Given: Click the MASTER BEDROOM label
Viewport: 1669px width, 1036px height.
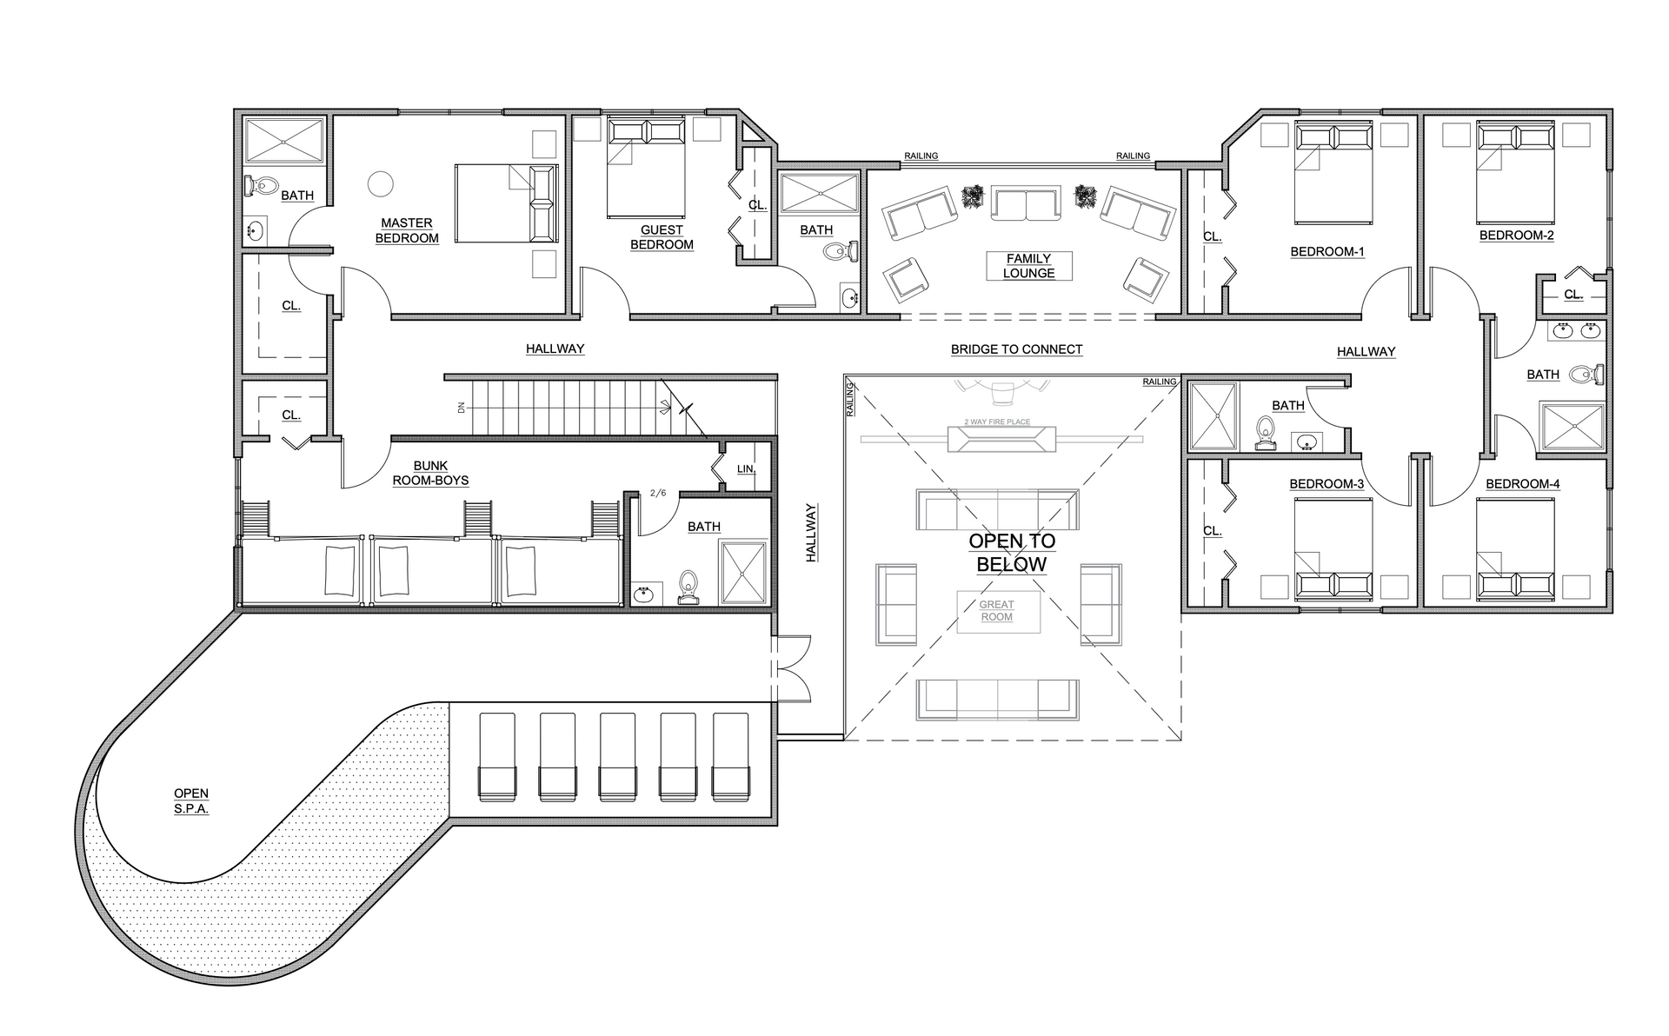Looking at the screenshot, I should click(x=407, y=230).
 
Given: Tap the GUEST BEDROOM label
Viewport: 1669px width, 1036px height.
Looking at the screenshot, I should click(x=662, y=237).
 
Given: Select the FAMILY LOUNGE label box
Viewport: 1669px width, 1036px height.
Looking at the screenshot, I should click(x=1028, y=266).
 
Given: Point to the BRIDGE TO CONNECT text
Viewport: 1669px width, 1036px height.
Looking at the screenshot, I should click(x=1016, y=349).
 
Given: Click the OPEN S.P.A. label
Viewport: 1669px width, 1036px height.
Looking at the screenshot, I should click(x=191, y=800).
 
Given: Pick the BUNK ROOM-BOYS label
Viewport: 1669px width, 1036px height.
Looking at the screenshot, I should click(x=430, y=473).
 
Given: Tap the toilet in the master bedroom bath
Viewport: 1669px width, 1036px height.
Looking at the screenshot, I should click(x=261, y=185).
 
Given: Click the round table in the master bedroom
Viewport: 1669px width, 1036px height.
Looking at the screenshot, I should click(x=380, y=183).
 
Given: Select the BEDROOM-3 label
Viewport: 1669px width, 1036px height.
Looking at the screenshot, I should click(x=1327, y=484).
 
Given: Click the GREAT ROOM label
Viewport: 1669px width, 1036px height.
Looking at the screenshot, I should click(x=997, y=611).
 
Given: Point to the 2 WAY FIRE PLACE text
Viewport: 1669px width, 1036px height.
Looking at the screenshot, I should click(x=997, y=422).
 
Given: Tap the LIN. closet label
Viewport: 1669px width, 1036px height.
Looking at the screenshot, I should click(x=746, y=469).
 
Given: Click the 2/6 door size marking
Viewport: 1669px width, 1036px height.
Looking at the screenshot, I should click(x=658, y=494).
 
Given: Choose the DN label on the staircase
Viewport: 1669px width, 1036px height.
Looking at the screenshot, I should click(x=462, y=407).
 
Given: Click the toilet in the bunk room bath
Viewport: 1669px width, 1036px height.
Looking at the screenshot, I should click(x=688, y=587).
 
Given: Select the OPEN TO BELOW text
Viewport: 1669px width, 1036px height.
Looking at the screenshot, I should click(x=1012, y=553).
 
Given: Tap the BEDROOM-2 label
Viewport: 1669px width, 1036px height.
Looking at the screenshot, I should click(x=1516, y=236).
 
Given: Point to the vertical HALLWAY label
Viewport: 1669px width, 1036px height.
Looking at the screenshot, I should click(x=811, y=533).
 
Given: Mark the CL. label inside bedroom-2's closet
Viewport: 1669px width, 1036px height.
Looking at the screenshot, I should click(x=1573, y=295).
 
